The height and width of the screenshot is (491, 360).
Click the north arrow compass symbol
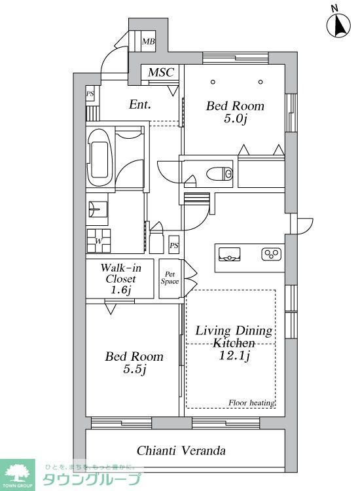[338, 25]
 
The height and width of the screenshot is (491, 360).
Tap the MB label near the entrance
[148, 41]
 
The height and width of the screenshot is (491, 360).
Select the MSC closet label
[161, 72]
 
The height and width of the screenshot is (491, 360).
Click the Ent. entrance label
[140, 105]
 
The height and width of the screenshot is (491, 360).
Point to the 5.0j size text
[236, 118]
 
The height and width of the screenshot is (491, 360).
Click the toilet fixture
[220, 173]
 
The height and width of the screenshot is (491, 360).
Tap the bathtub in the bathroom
[100, 157]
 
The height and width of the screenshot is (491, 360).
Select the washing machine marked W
[99, 240]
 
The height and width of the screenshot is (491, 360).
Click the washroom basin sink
[98, 209]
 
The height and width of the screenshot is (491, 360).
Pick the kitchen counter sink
[230, 254]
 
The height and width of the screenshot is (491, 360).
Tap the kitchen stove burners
[272, 254]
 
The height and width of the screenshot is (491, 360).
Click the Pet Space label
[170, 278]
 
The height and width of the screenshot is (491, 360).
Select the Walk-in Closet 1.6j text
[120, 278]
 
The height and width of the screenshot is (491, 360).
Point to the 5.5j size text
[135, 369]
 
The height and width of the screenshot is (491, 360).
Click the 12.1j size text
[234, 355]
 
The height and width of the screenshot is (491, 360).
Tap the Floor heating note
[252, 403]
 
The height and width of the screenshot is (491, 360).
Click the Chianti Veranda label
[181, 450]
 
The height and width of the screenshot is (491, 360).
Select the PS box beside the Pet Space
[173, 245]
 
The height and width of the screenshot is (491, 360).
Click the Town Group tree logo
[17, 473]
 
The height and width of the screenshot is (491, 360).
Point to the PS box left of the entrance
[90, 94]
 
